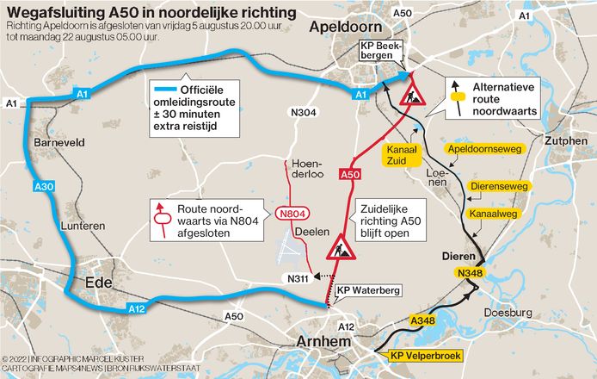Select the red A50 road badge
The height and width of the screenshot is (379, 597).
pos(349,175)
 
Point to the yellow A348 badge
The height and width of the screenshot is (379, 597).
pos(422,322)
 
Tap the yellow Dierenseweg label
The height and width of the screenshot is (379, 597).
pos(500,185)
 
